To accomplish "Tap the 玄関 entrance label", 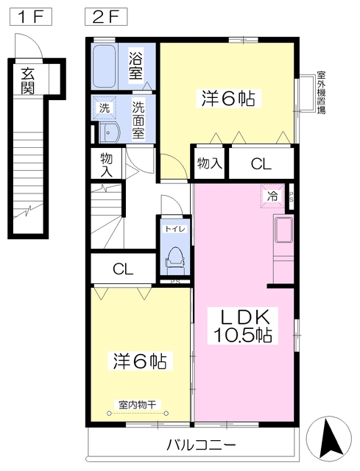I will point(28,81).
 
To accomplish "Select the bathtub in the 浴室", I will point(107,65).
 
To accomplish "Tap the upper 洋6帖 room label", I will point(227,99).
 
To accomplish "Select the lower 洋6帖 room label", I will point(138,361).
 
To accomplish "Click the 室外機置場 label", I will point(321,92).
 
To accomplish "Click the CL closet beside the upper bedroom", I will point(261,164).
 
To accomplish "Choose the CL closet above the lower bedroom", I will point(123,269).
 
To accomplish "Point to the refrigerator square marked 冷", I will point(272,196).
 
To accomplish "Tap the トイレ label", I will point(175,229).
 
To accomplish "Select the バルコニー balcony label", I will point(200,445).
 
